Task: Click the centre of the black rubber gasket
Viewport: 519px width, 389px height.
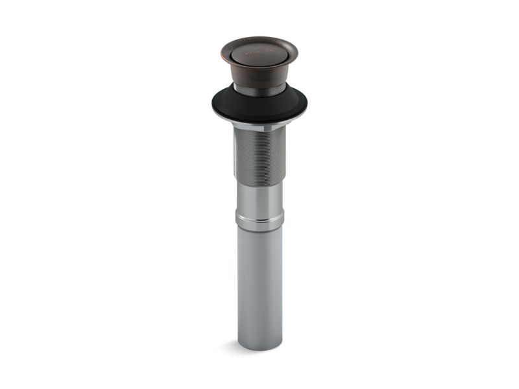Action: [259, 106]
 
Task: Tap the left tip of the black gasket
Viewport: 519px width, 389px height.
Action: [213, 104]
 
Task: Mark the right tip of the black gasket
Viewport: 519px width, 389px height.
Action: [306, 104]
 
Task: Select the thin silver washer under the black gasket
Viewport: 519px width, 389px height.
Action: [259, 123]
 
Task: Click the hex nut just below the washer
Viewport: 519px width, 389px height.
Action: [259, 128]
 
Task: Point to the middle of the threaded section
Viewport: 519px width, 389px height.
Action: [259, 156]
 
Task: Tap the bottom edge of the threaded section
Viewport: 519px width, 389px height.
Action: [259, 182]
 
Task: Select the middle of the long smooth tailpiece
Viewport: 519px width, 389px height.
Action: [259, 285]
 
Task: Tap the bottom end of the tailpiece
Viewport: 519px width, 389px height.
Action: [259, 348]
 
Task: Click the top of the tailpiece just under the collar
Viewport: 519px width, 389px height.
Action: [259, 235]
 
